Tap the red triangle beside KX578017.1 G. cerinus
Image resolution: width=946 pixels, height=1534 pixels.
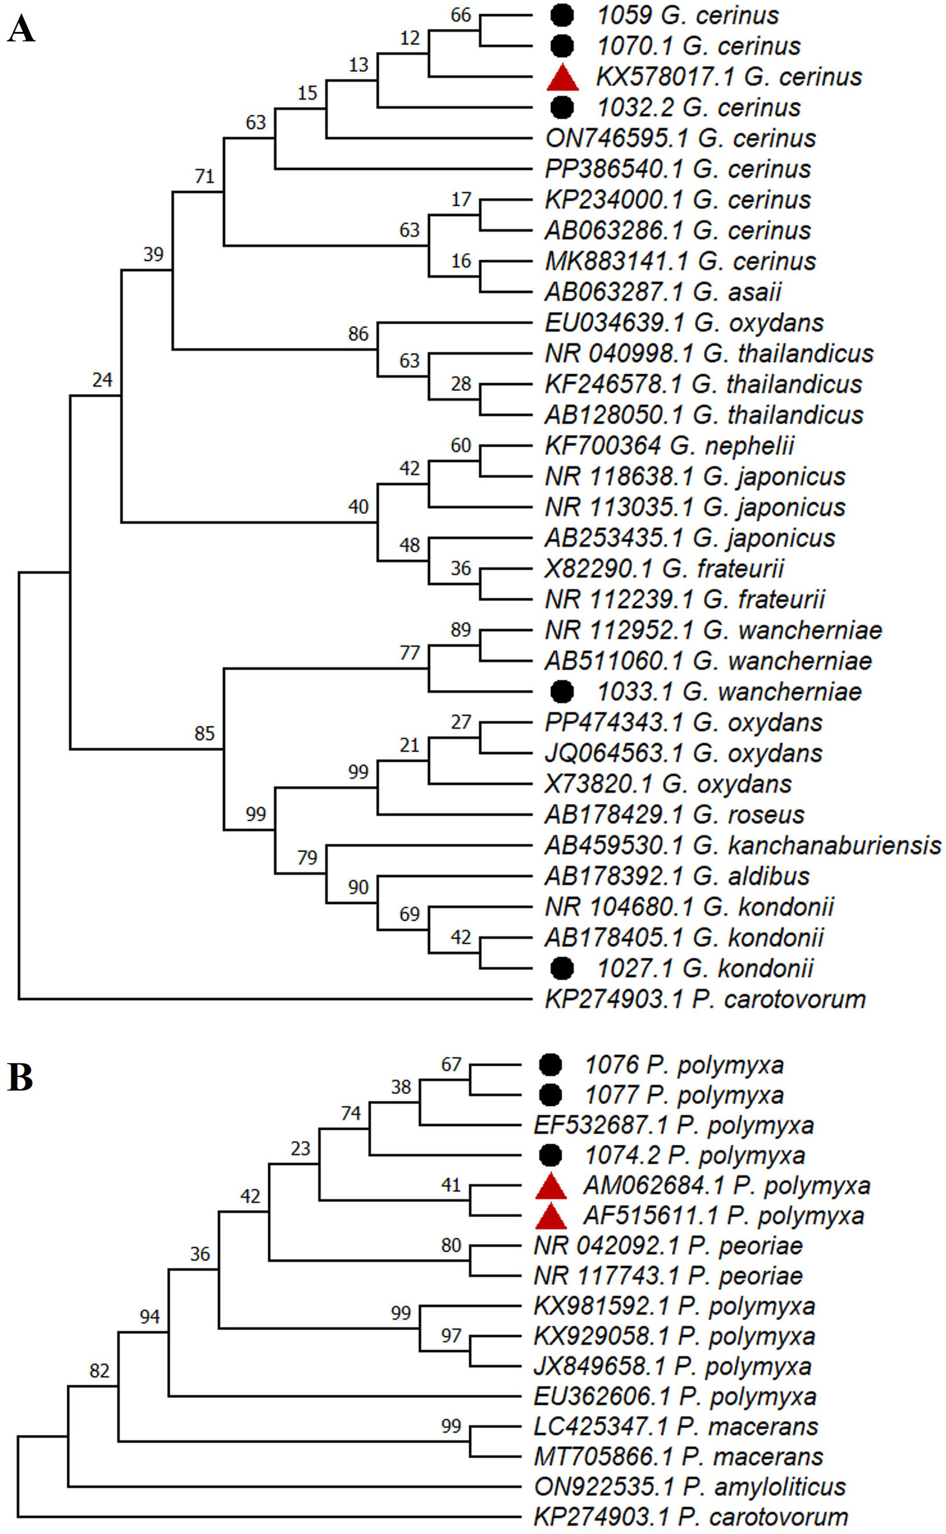click(x=563, y=78)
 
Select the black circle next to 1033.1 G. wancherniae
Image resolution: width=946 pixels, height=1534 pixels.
click(x=562, y=691)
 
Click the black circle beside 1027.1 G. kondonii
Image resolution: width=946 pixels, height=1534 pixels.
click(x=562, y=968)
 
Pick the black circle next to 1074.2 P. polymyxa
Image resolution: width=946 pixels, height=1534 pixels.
click(x=550, y=1156)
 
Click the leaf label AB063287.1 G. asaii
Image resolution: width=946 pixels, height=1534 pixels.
click(x=663, y=291)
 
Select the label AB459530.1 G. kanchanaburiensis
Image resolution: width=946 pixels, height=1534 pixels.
click(x=743, y=845)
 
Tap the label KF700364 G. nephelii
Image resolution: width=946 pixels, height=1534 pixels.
click(x=670, y=446)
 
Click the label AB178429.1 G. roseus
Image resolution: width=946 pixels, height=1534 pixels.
click(x=674, y=815)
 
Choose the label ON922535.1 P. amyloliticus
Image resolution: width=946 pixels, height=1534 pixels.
click(x=689, y=1486)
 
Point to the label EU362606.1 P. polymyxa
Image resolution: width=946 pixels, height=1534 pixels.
click(x=674, y=1396)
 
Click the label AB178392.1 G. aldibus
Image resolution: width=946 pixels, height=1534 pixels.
click(x=677, y=876)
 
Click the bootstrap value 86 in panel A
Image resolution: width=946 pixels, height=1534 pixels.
click(x=358, y=334)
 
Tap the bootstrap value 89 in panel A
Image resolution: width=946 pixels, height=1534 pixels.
click(x=461, y=629)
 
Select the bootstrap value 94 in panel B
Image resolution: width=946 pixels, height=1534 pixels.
click(x=149, y=1317)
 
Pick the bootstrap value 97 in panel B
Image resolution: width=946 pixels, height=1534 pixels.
click(x=451, y=1336)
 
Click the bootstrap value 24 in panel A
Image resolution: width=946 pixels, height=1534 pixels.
click(x=102, y=380)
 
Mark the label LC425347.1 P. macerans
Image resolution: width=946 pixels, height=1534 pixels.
click(x=675, y=1426)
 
